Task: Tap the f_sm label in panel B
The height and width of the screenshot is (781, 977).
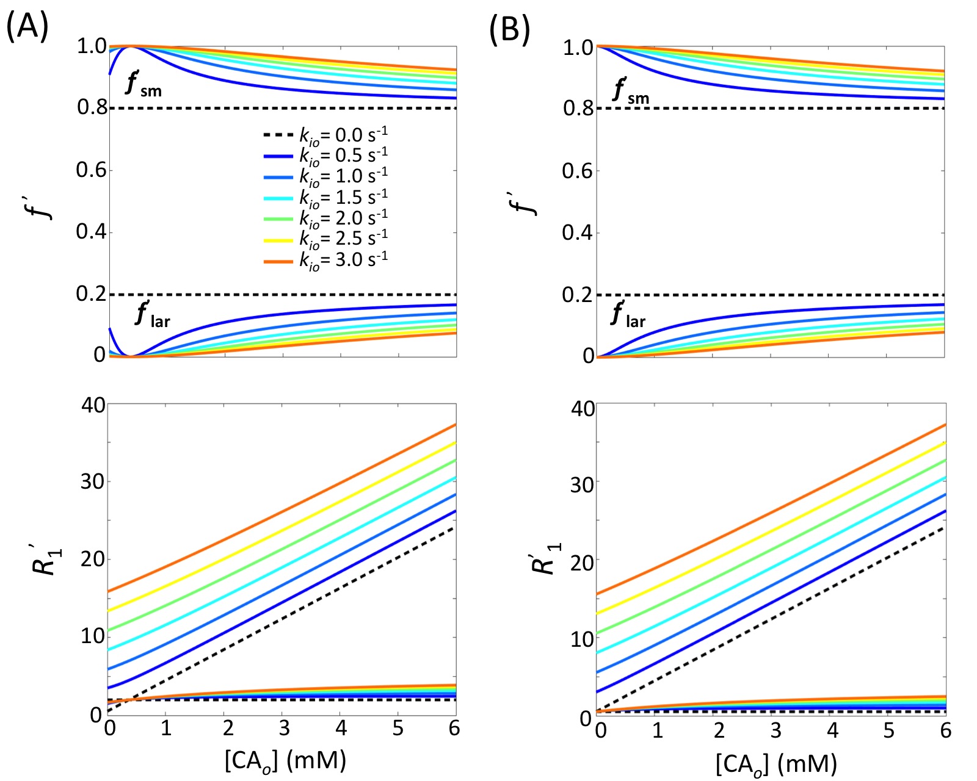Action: [631, 92]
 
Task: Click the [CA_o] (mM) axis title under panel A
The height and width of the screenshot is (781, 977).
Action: [285, 761]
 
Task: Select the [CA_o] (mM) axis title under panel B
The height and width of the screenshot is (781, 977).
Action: [776, 763]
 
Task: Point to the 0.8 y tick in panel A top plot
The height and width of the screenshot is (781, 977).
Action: [92, 107]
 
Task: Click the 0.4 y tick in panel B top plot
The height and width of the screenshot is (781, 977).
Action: [578, 232]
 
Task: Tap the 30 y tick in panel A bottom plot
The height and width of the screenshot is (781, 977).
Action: [93, 481]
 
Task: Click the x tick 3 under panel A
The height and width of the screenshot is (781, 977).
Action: [283, 729]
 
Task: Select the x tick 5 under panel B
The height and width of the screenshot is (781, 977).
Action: [888, 731]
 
